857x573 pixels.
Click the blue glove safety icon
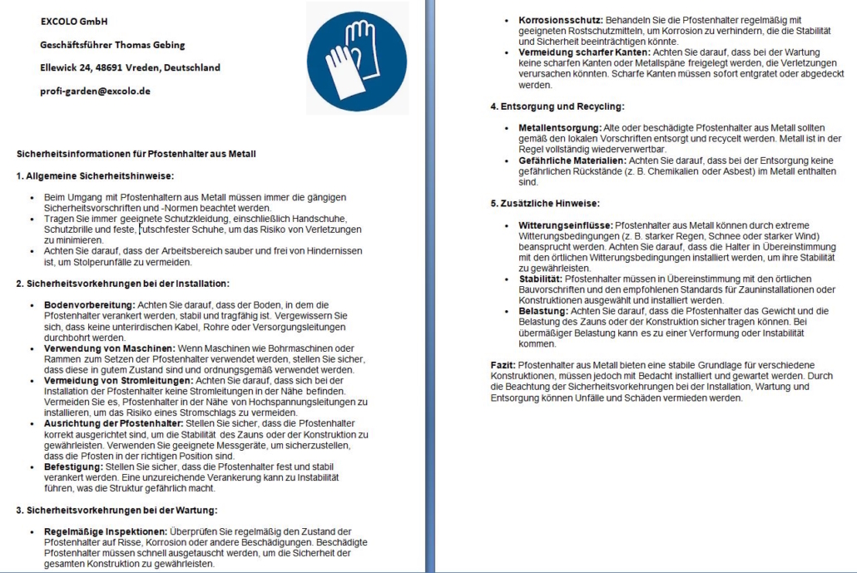click(357, 56)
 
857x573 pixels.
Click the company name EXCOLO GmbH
click(74, 21)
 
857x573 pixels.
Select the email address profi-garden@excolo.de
click(95, 91)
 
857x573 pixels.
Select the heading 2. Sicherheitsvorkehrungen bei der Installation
click(122, 284)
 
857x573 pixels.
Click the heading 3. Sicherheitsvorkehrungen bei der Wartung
click(116, 510)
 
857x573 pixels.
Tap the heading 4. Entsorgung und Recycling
click(557, 106)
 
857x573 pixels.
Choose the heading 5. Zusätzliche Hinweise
click(543, 204)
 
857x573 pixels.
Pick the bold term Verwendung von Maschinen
click(102, 348)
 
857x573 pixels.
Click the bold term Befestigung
click(72, 467)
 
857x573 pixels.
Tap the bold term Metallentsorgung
click(554, 127)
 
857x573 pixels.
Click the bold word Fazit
click(502, 364)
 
